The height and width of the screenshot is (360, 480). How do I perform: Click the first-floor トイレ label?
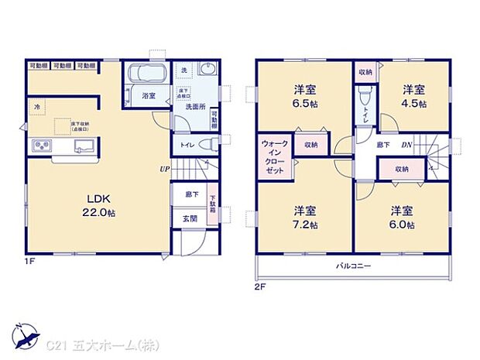tap(186, 144)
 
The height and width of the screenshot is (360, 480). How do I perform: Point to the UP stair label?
tap(165, 168)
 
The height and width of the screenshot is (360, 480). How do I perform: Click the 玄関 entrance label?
tap(189, 218)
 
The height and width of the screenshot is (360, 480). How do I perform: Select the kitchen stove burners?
tap(41, 146)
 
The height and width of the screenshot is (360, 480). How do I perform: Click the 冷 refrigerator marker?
tap(35, 105)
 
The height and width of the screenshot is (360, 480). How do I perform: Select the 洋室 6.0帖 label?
tap(402, 216)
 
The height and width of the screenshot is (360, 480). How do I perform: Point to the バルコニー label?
tap(355, 266)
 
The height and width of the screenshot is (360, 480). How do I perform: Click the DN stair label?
tap(406, 145)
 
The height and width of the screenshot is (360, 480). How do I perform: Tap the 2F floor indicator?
tap(260, 286)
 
